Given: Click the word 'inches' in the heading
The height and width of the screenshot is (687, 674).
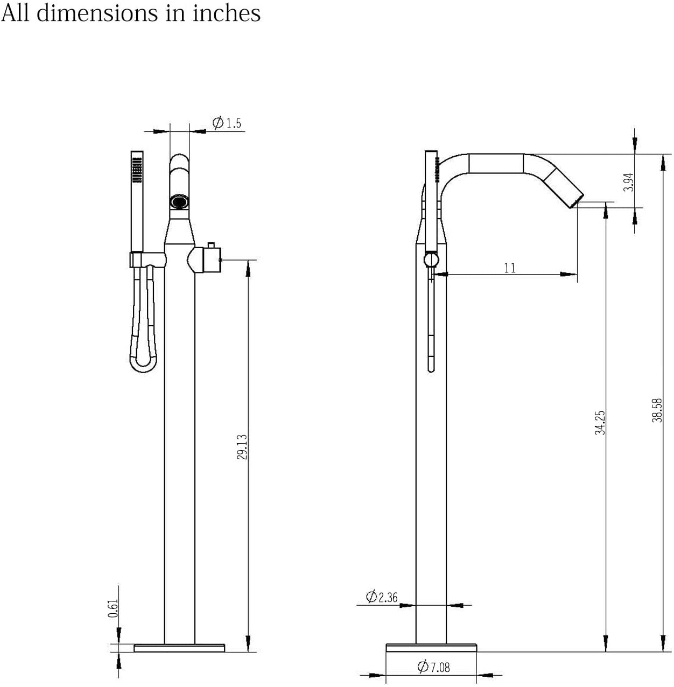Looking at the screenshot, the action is coord(227,13).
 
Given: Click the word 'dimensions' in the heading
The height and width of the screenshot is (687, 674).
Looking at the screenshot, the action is coord(97,13).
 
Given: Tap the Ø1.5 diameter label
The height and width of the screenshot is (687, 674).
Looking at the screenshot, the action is coord(227,123).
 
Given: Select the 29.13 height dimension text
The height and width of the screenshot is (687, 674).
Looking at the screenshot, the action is coord(242,447).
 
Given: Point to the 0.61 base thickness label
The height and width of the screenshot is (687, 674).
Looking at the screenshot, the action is coord(113,608).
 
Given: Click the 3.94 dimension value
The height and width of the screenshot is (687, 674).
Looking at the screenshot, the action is coord(628,182).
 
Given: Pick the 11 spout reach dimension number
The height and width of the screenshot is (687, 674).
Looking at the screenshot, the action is coord(510,268).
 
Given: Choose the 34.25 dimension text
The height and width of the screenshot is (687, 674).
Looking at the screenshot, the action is coord(600,423).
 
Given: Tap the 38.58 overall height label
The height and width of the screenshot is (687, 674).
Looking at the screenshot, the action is coord(657,411).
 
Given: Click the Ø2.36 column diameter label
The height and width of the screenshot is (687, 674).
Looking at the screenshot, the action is coord(382,597).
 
